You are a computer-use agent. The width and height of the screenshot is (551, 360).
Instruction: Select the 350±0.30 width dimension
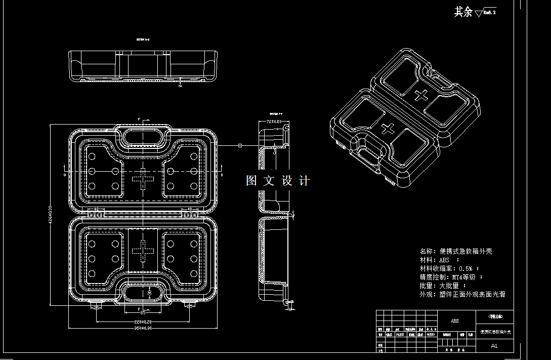[x=143, y=328]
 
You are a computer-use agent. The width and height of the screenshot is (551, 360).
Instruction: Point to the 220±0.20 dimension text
[x=143, y=322]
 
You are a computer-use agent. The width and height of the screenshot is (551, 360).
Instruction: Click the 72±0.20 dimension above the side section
[x=274, y=122]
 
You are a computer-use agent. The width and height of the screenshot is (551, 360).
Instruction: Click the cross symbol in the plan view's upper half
[x=142, y=179]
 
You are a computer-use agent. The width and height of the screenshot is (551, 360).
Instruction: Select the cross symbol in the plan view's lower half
[x=142, y=251]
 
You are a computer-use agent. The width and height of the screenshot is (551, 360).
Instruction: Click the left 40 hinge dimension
[x=96, y=209]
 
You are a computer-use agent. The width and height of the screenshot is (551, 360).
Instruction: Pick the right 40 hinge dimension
[x=189, y=209]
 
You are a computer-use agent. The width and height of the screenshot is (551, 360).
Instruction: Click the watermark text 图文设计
[x=278, y=181]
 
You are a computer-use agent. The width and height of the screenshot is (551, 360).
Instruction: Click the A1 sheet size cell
[x=494, y=346]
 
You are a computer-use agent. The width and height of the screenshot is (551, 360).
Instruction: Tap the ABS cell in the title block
[x=455, y=321]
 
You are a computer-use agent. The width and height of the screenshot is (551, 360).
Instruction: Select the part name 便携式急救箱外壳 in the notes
[x=466, y=251]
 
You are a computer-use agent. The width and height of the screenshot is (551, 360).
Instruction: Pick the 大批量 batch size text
[x=449, y=286]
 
